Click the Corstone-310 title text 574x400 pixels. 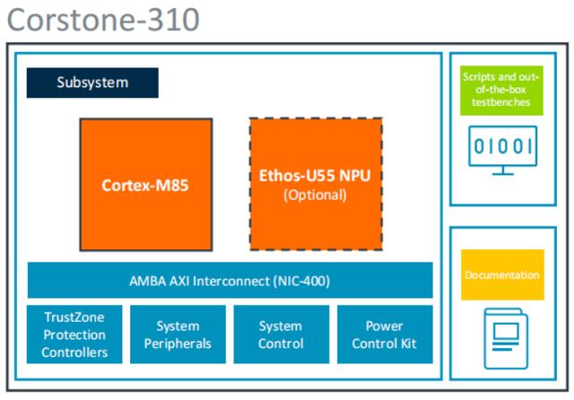[x=103, y=20]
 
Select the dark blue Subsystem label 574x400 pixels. [x=92, y=83]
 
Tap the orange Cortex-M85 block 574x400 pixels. [x=146, y=184]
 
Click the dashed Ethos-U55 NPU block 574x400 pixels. [x=315, y=184]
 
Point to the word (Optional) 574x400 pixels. [x=315, y=195]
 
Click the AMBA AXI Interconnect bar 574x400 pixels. [x=230, y=280]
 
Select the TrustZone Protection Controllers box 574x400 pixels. [x=74, y=334]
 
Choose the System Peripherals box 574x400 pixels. [x=178, y=334]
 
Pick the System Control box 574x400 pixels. [x=281, y=334]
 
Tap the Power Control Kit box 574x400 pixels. [x=384, y=334]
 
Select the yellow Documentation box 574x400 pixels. [x=502, y=274]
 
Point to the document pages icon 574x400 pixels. [x=502, y=336]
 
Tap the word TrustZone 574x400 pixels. [x=74, y=317]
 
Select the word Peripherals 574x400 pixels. [x=178, y=343]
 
